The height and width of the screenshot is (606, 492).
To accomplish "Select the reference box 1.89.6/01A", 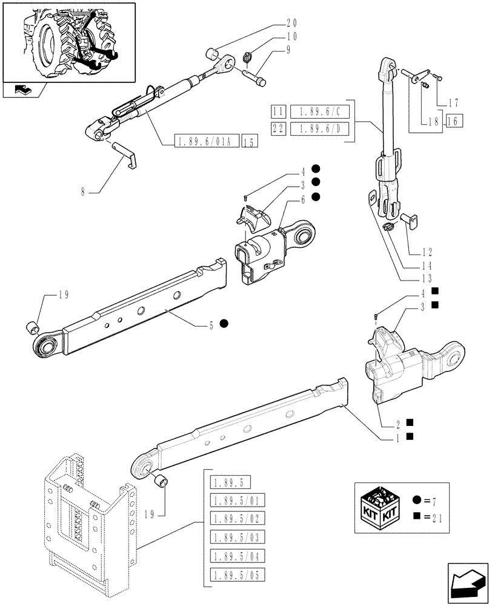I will coord(207,142).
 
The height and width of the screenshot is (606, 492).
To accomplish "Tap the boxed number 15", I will coord(249,142).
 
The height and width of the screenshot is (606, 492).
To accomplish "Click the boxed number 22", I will coord(279,128).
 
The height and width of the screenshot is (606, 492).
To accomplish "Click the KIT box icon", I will coord(379,508).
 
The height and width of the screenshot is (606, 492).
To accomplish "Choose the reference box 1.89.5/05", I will coord(233,574).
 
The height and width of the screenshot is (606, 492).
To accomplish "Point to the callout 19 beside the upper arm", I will coord(63,295).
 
